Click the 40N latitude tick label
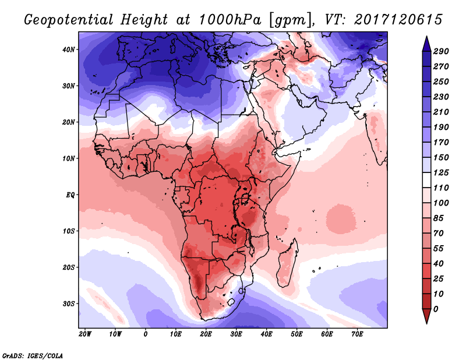coord(69,50)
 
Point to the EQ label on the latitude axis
coord(71,195)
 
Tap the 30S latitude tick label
coord(69,303)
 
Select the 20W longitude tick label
coord(85,334)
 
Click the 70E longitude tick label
coord(357,334)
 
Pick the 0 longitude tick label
coord(146,334)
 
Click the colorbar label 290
coord(441,52)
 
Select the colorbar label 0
coord(436,308)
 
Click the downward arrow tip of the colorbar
coord(426,321)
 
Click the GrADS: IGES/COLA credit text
coord(33,355)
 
